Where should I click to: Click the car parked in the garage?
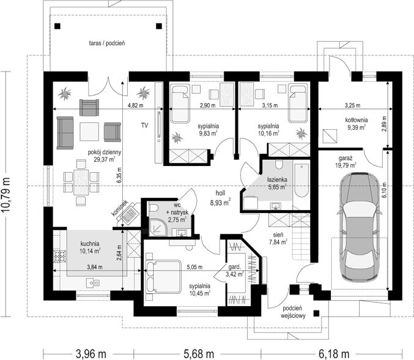point(360,227)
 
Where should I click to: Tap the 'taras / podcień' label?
point(107,43)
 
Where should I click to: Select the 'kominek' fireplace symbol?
point(130,213)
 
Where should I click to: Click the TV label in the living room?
point(144,126)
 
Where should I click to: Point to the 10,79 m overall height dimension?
point(6,194)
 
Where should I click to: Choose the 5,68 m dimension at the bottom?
point(198,354)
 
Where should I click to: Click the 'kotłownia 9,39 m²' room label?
point(357,124)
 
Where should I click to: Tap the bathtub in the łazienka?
point(301,181)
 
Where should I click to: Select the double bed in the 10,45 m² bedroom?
point(163,277)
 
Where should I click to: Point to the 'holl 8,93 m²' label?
point(221,198)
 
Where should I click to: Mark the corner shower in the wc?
point(158,227)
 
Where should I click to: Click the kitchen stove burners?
point(59,257)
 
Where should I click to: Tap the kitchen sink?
point(93,283)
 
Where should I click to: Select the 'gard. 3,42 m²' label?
point(235,271)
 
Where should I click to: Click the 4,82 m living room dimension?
point(135,106)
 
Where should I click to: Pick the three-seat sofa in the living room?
point(65,133)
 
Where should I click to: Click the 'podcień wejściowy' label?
point(293,312)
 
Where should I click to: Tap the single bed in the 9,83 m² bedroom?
point(180,103)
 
